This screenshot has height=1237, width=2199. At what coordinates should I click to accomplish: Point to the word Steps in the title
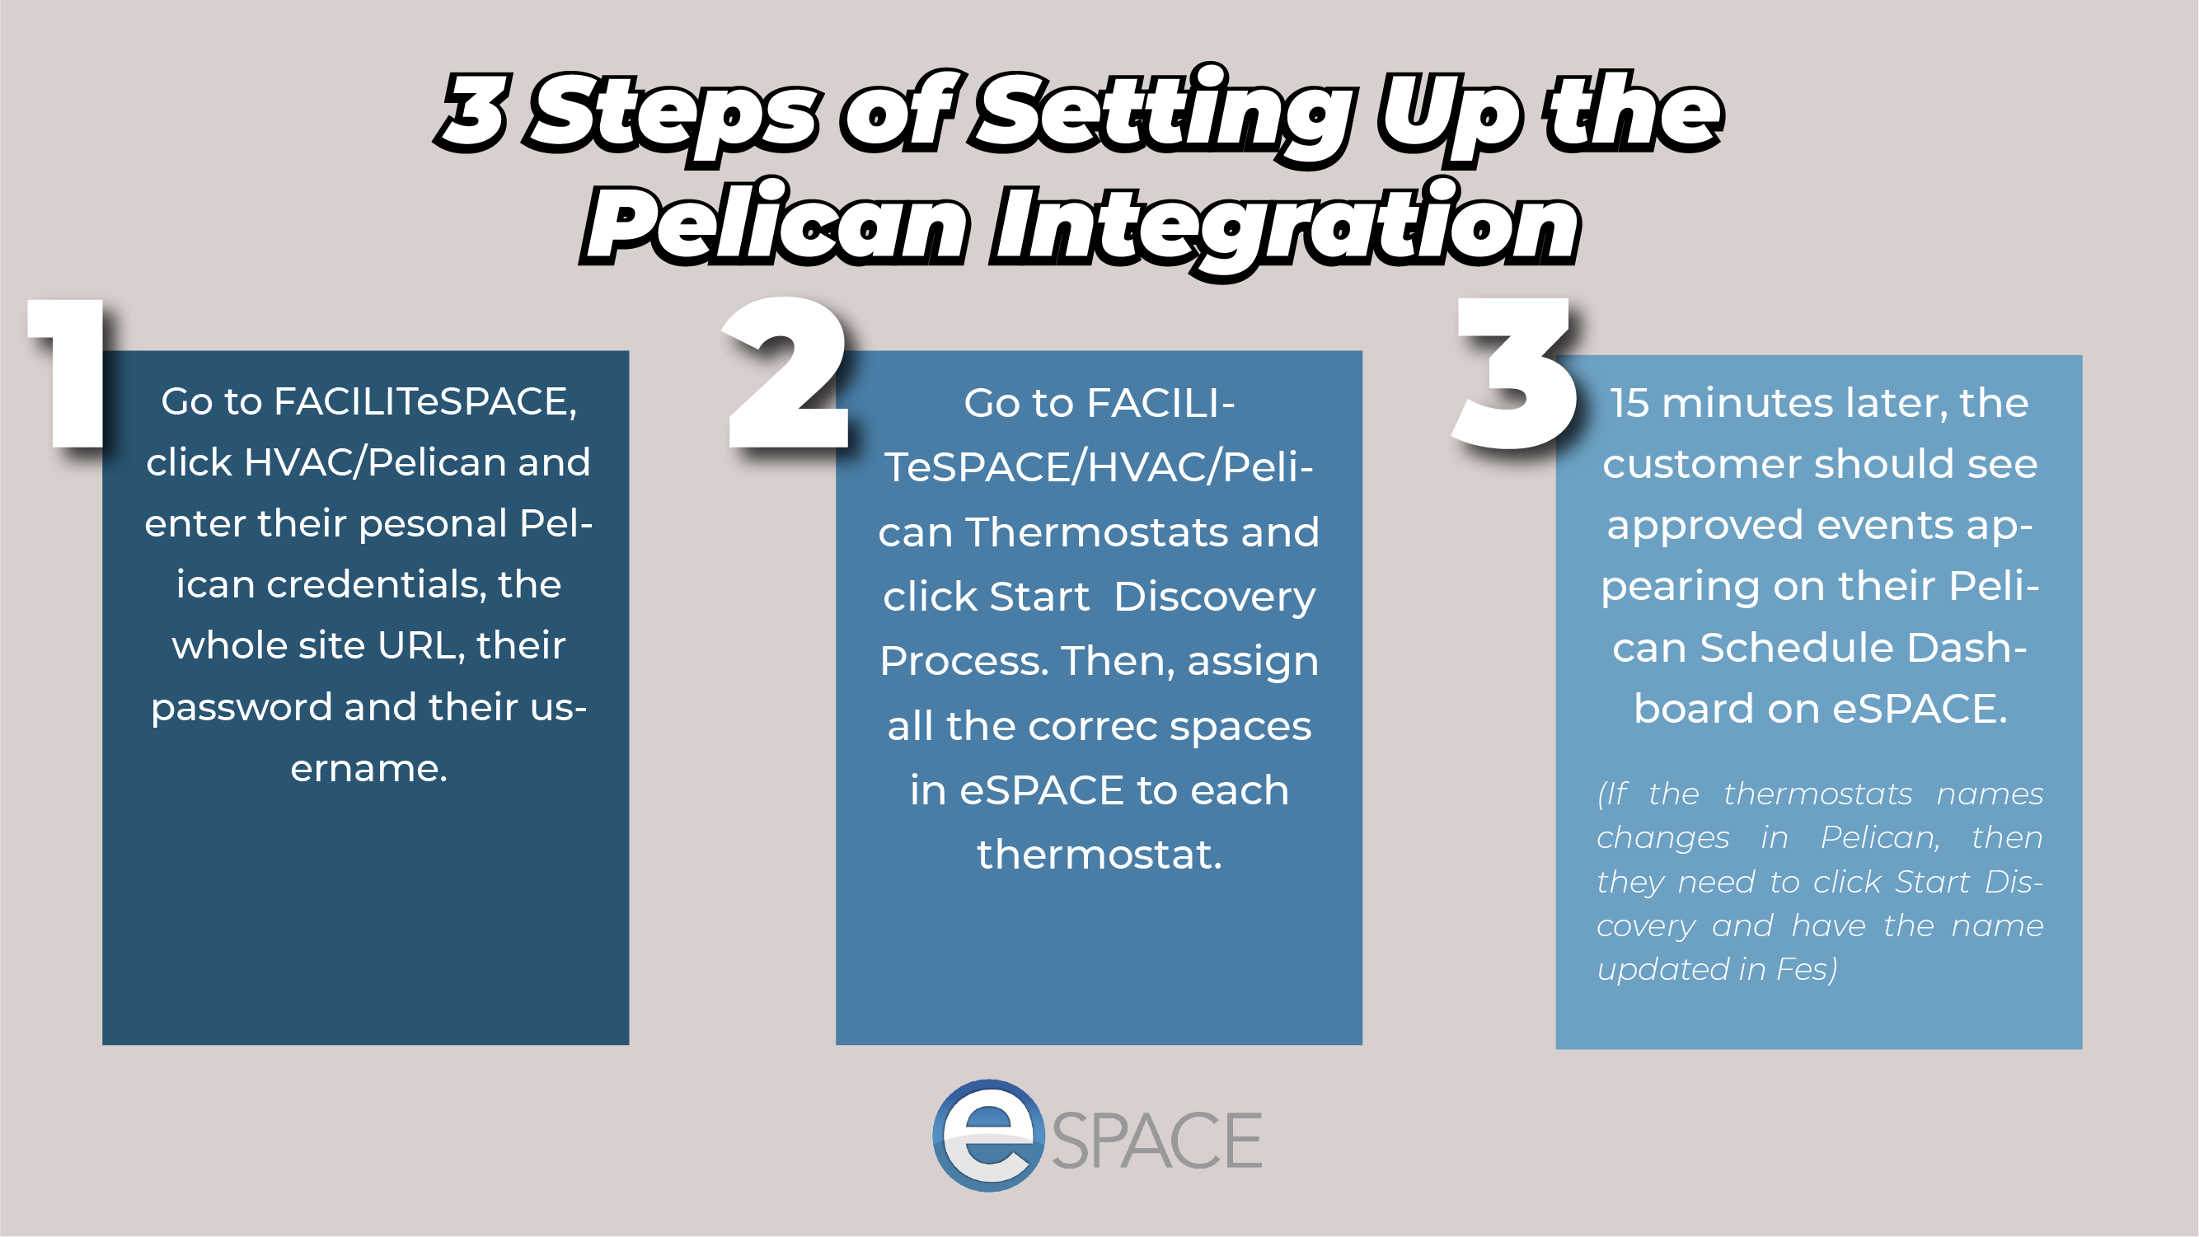pos(674,115)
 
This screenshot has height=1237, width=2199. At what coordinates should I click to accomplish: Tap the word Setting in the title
pos(1165,115)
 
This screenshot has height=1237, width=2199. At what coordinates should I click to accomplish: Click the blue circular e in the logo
pos(988,1136)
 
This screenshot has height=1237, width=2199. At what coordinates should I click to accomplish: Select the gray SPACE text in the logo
pos(1156,1141)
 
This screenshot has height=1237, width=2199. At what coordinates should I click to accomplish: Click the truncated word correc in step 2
pos(1092,728)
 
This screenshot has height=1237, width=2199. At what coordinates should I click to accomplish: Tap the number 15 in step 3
pos(1629,403)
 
